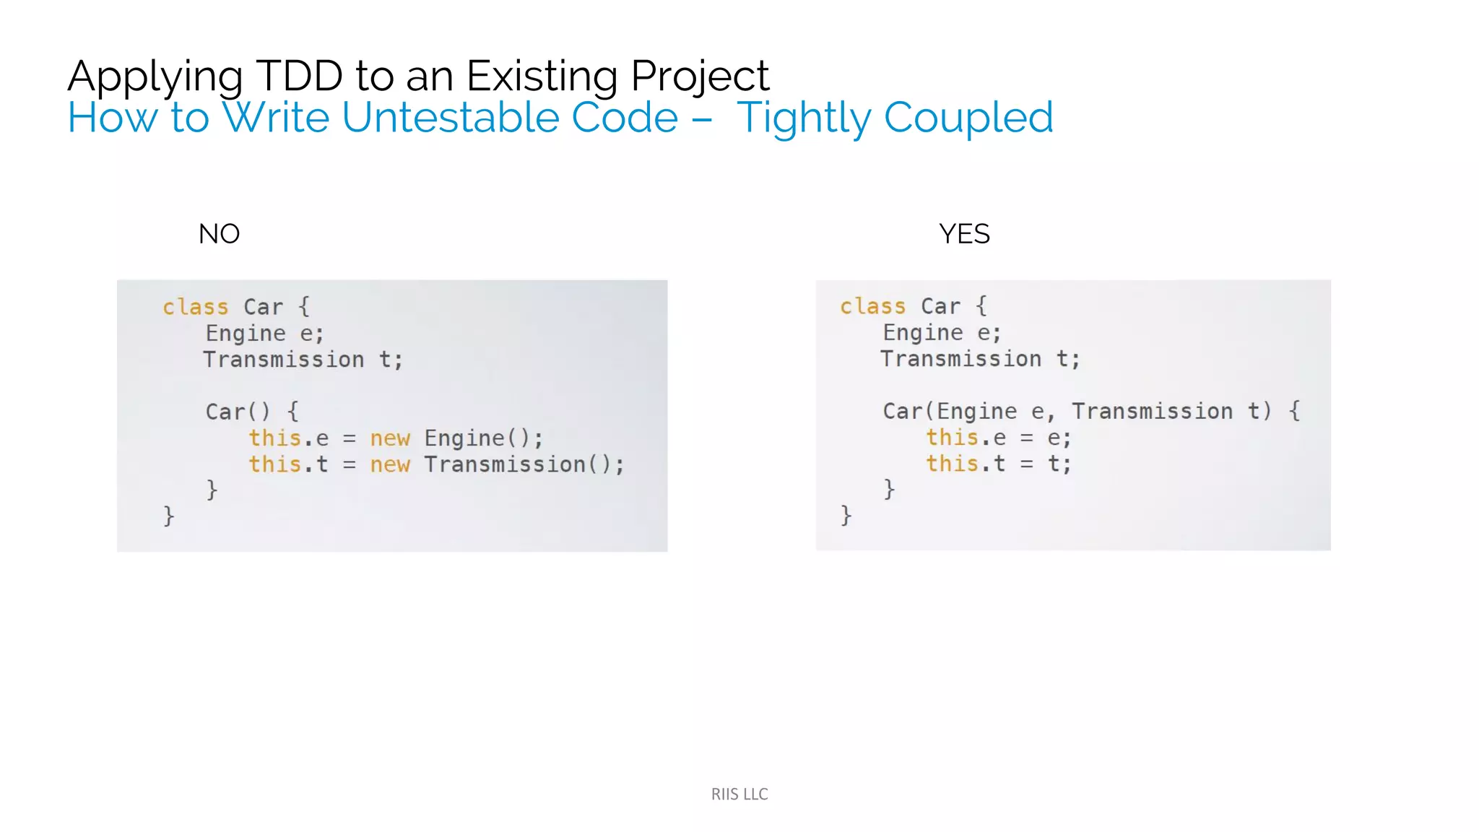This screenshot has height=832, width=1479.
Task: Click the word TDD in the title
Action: click(x=299, y=76)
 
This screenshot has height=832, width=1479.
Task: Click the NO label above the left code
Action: click(x=219, y=234)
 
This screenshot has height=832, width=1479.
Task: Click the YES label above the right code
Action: click(x=964, y=234)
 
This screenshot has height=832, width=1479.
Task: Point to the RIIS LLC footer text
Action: click(x=739, y=794)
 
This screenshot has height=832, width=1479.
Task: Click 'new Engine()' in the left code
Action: click(x=456, y=438)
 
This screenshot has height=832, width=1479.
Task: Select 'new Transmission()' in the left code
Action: click(x=497, y=464)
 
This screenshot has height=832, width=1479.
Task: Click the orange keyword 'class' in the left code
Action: click(x=195, y=307)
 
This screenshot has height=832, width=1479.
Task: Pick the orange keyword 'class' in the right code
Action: click(x=872, y=306)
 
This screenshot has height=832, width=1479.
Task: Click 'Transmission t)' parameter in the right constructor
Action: click(x=1171, y=411)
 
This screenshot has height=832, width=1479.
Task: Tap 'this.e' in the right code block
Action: click(x=966, y=438)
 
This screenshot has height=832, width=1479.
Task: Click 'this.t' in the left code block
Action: click(x=288, y=464)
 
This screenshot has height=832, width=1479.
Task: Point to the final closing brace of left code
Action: click(x=169, y=516)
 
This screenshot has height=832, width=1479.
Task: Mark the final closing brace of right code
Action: click(x=846, y=515)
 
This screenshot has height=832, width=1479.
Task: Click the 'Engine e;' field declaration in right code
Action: click(x=942, y=333)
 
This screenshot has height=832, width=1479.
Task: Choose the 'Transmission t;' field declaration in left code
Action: click(x=303, y=360)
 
